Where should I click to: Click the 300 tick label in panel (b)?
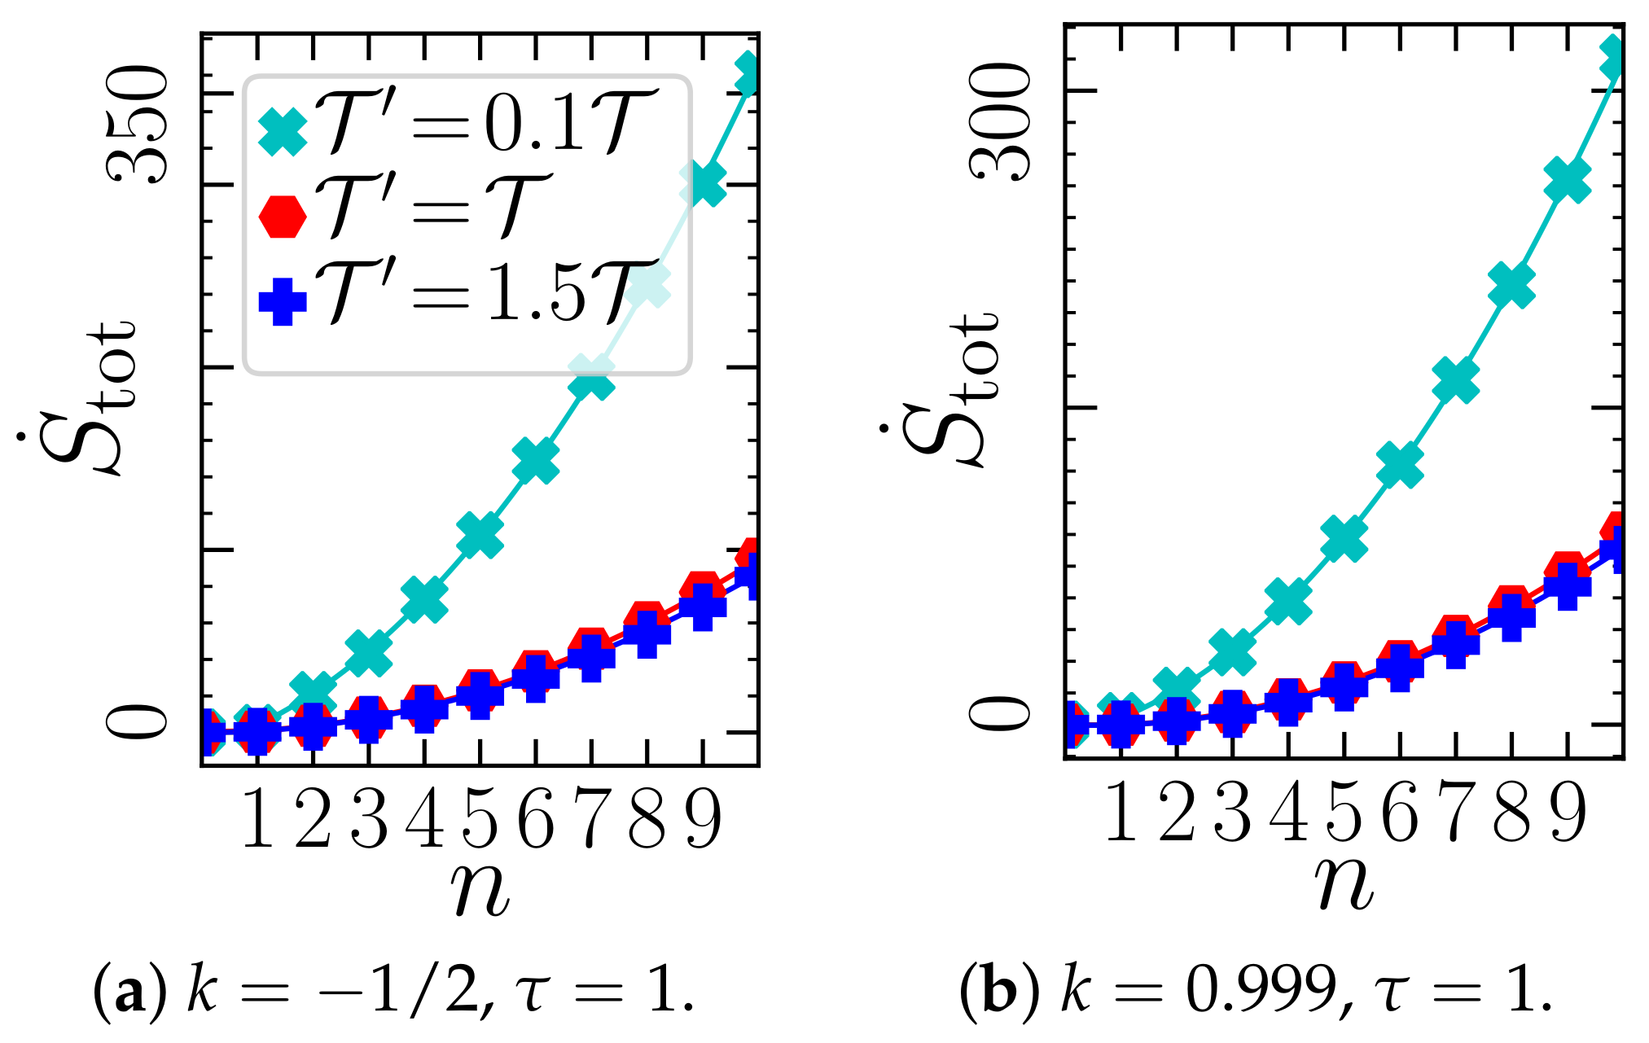999,122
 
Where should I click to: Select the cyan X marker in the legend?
283,130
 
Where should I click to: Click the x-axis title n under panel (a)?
480,887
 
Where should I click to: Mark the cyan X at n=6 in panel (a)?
536,462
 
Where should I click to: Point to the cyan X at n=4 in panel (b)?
1288,601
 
